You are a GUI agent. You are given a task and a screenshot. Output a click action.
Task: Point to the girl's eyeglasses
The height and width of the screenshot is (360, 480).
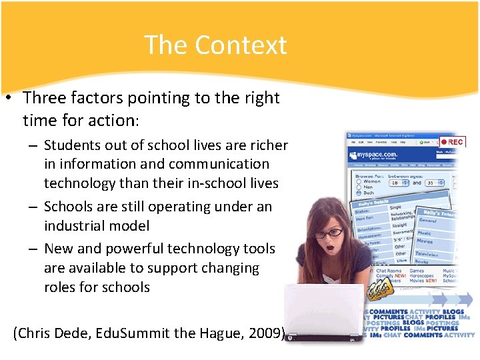pyautogui.click(x=326, y=233)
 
